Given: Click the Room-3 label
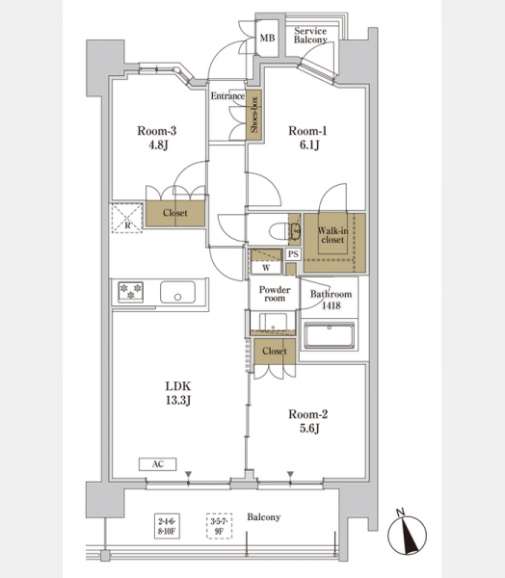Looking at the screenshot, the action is pos(157,131).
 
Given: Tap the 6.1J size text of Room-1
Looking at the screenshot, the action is pos(309,145).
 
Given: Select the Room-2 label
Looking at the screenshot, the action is pos(308,414).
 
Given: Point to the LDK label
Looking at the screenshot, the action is pos(177,386).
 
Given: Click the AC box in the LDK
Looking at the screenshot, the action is pos(157,464).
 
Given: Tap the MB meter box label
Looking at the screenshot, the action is pos(268,38).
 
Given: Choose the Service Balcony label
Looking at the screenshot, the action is pos(310,36).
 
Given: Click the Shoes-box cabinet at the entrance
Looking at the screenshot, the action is pos(254,115).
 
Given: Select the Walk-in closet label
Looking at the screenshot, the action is pos(332,235).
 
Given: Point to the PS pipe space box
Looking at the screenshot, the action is pos(293,254).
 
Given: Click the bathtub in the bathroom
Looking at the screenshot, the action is pos(329,335).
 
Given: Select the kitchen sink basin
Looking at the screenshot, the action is pos(177,292).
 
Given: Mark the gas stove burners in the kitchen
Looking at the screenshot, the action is pos(130,292).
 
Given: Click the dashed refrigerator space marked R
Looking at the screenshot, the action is pos(126,218).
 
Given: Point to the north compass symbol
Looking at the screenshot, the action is pos(407,534).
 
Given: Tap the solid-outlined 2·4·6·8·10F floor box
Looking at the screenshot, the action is pos(167,526).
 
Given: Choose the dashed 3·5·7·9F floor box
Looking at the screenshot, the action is pos(219,526).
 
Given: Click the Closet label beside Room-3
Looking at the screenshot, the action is pos(175,213).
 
